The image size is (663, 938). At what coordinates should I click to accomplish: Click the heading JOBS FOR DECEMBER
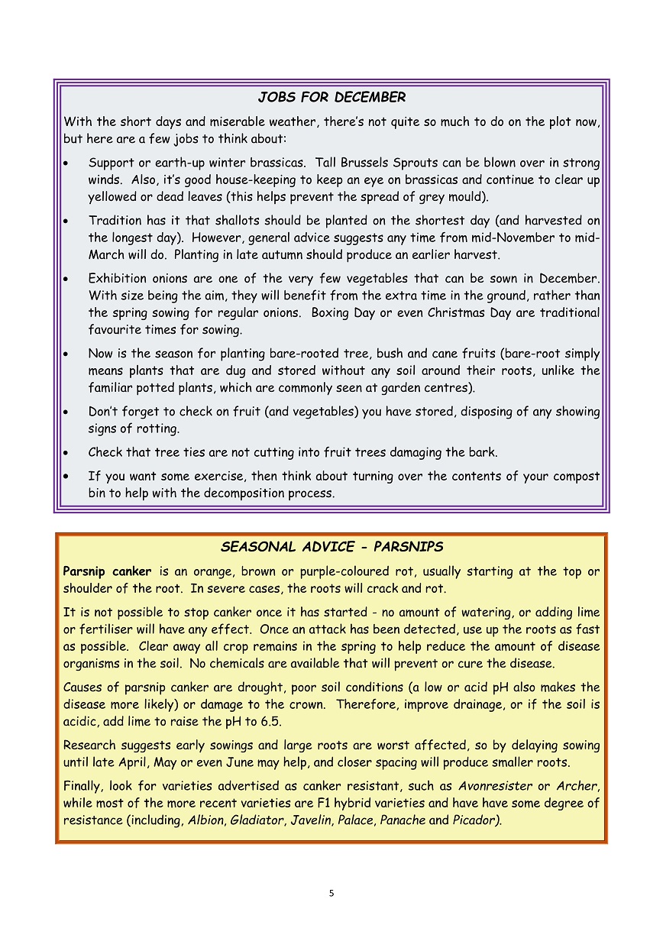pyautogui.click(x=331, y=98)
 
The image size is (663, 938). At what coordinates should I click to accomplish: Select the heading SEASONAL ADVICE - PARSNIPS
pyautogui.click(x=331, y=547)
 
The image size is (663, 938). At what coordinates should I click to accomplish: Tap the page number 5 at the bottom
pyautogui.click(x=331, y=893)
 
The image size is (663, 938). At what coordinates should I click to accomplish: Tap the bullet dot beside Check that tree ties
pyautogui.click(x=69, y=452)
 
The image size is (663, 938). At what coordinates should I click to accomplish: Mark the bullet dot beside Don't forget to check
pyautogui.click(x=69, y=412)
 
